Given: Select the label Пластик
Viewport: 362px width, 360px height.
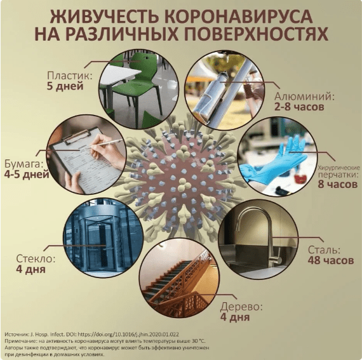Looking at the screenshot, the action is point(70,76).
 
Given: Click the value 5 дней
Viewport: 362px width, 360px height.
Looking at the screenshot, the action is point(65,86).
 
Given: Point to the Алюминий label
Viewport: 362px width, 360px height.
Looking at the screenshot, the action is point(304,97).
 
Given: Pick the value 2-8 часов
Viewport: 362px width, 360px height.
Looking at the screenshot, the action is point(299,107).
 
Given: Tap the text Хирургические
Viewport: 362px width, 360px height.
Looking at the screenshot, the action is point(339,168).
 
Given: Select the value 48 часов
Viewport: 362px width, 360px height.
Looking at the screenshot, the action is point(331,260).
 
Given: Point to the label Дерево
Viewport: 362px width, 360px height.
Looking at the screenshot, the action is point(241,307).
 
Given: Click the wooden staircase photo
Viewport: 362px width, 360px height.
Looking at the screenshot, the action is point(179,279).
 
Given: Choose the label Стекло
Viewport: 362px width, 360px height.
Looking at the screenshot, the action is point(36,258).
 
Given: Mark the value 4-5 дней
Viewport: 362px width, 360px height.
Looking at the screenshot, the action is point(27,174).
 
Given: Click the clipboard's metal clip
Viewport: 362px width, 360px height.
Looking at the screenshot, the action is point(76,137).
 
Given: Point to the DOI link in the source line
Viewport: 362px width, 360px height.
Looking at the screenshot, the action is point(128,334).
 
